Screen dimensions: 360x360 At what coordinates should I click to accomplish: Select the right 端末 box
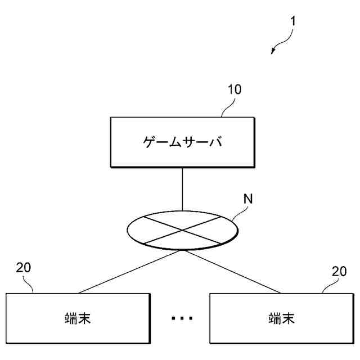click(x=281, y=318)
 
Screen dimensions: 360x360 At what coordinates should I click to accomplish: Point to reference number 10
click(x=234, y=90)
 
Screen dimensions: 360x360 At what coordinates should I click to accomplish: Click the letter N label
click(x=247, y=199)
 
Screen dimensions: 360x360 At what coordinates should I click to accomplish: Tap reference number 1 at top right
click(x=293, y=21)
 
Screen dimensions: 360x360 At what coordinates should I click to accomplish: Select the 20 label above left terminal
click(x=24, y=268)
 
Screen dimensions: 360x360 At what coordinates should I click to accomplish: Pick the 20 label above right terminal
click(x=339, y=271)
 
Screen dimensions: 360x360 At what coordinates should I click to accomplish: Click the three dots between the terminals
click(x=182, y=318)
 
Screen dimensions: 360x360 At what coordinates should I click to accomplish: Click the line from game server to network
click(x=182, y=189)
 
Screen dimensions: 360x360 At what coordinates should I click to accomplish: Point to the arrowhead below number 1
click(x=273, y=51)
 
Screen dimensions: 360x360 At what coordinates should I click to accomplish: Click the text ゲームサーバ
click(x=182, y=141)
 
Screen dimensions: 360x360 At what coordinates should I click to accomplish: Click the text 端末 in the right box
click(x=281, y=318)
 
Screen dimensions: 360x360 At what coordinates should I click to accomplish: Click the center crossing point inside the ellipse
click(x=182, y=230)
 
